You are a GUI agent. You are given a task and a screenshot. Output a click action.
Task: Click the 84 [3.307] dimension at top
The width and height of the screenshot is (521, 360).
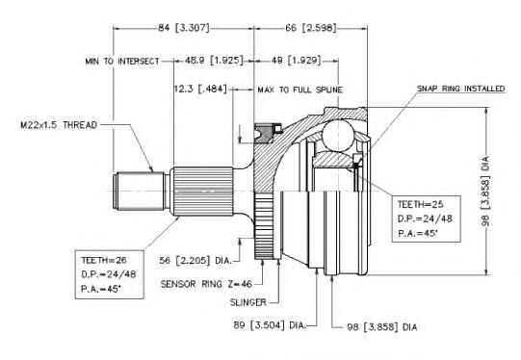(183, 28)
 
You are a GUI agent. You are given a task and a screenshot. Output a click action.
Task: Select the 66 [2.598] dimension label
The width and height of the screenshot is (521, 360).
(311, 28)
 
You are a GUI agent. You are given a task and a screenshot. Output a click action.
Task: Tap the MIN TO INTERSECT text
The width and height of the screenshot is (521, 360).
(122, 62)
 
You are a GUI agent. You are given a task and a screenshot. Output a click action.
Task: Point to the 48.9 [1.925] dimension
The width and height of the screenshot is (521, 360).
(214, 61)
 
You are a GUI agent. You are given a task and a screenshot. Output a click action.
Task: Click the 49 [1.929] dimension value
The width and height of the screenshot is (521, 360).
(297, 61)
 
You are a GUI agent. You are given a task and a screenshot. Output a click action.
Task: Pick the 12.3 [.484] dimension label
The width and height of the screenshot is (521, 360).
(200, 89)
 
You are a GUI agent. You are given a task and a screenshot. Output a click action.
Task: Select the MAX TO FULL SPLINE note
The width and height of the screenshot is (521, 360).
(300, 90)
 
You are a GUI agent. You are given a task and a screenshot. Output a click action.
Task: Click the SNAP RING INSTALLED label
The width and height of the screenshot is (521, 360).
(461, 89)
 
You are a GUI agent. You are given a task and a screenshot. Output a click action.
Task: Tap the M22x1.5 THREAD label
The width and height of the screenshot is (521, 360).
(59, 125)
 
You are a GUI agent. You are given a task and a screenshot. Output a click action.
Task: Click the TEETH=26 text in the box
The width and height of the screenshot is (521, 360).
(104, 260)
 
